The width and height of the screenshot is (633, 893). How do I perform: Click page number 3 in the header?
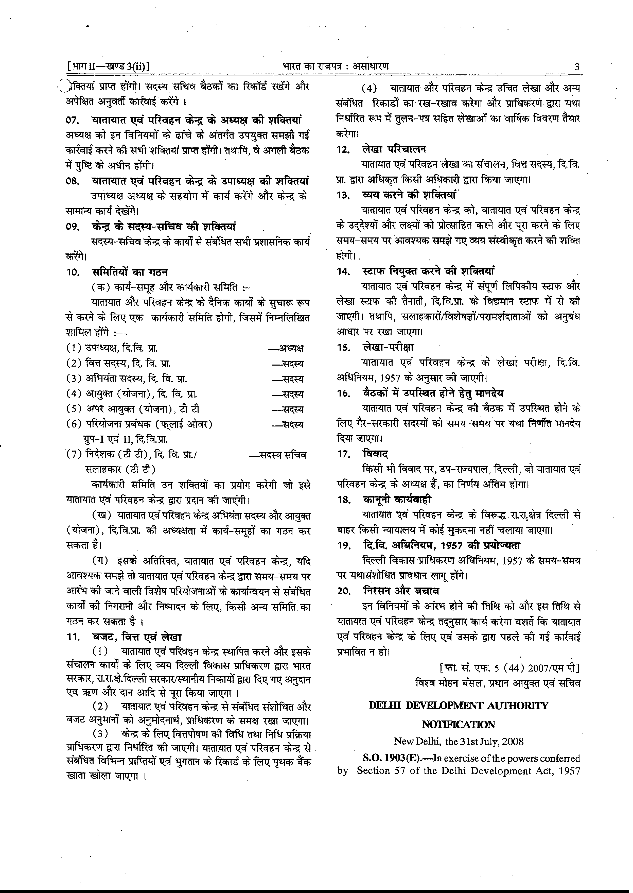576,67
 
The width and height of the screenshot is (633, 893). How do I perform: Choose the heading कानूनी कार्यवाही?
397,500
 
